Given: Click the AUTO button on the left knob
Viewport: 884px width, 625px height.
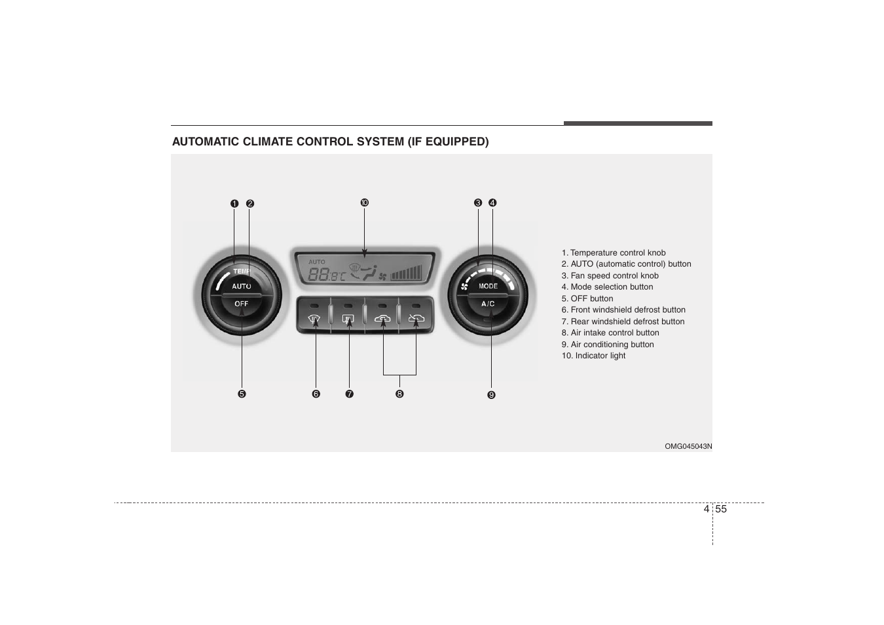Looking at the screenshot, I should (242, 286).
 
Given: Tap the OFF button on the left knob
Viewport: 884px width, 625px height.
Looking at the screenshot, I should (242, 304).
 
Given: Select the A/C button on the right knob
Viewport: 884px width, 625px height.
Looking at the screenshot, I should (488, 304).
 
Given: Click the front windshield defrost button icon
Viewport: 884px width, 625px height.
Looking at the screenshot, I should (314, 320).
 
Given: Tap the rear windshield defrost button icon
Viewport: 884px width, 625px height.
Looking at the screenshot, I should (348, 320).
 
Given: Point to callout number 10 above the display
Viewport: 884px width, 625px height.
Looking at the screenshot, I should (365, 203).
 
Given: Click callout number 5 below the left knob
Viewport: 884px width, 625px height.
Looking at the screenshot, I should (242, 394).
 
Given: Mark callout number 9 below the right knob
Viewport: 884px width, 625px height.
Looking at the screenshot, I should (491, 395).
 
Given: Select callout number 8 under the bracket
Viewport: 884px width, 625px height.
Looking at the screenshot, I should (399, 394).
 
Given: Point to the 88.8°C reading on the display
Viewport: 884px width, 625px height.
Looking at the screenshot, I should (326, 275).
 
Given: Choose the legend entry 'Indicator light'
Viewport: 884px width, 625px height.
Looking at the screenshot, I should (593, 356).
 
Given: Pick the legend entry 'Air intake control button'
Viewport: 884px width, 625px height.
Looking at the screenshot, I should (610, 333).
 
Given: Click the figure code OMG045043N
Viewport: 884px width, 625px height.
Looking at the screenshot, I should (688, 446).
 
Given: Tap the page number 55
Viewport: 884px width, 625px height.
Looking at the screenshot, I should (721, 509).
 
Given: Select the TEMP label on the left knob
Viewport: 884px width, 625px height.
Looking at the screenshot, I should (242, 271).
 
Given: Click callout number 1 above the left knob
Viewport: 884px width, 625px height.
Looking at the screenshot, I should (234, 204).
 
